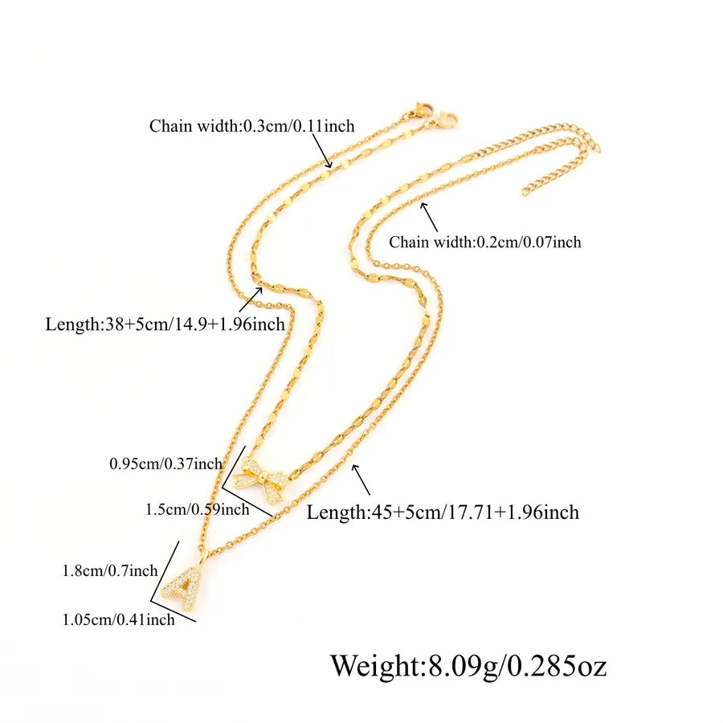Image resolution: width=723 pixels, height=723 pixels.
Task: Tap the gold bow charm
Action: [x=261, y=480]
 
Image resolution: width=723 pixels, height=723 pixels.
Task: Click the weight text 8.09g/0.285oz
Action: [x=517, y=666]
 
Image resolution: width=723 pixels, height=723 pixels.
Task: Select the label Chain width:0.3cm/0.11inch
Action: [x=251, y=126]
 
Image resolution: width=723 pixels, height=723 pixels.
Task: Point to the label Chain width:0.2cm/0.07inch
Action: [x=484, y=242]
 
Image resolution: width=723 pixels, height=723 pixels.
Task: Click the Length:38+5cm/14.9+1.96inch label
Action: [x=165, y=325]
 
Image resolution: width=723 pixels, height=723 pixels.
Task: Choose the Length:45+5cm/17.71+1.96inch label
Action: [x=443, y=513]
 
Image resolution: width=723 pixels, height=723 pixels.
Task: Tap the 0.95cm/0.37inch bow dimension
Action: [x=165, y=464]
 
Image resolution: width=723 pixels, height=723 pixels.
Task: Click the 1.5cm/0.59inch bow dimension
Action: [x=198, y=509]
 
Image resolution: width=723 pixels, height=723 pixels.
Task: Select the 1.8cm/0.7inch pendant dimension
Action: [x=110, y=571]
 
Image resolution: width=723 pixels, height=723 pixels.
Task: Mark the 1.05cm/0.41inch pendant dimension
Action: [x=119, y=619]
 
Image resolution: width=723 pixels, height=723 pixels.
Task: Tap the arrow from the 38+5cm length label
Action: [x=251, y=300]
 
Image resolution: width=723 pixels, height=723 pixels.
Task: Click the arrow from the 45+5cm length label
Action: [x=361, y=480]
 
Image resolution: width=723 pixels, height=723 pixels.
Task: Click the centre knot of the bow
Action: [x=262, y=477]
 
